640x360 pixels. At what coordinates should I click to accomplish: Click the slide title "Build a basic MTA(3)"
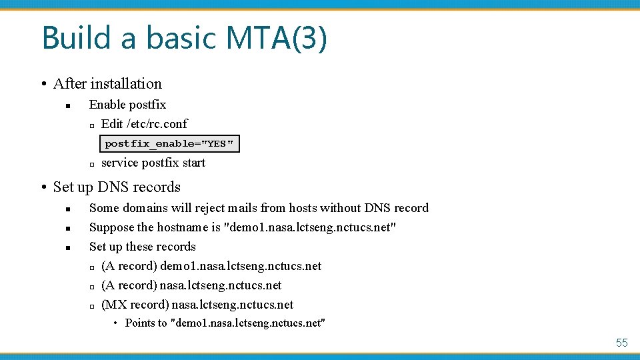(x=184, y=38)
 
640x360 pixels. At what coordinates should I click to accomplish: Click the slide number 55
(x=621, y=343)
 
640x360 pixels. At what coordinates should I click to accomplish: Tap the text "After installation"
(x=107, y=84)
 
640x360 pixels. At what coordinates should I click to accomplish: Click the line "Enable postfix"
(x=127, y=105)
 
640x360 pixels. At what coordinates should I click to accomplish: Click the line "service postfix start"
(x=153, y=163)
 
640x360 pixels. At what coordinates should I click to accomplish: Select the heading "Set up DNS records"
(x=117, y=187)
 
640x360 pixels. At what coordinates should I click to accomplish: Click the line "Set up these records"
(x=142, y=247)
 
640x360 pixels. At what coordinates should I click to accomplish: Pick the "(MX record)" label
(x=135, y=305)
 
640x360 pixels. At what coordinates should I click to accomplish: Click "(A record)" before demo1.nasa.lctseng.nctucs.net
(x=129, y=266)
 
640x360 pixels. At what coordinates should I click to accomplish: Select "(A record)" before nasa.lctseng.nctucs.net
(x=129, y=285)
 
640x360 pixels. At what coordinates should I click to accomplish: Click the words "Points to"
(x=146, y=323)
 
